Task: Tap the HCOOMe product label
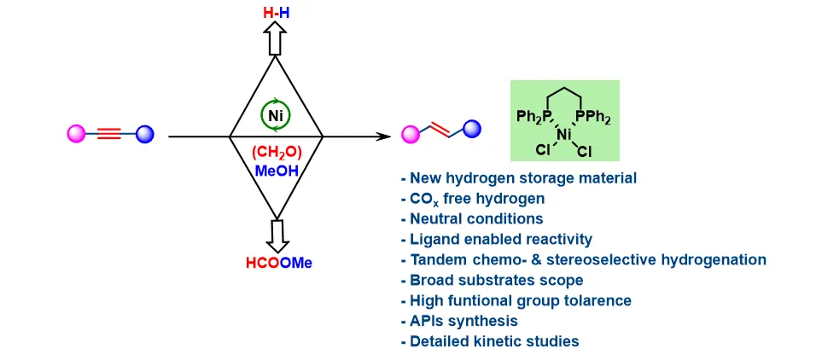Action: click(279, 263)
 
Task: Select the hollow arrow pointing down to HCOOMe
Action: click(277, 235)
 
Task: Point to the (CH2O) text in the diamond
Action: click(277, 153)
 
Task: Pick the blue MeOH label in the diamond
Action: click(277, 171)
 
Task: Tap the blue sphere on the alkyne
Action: click(145, 135)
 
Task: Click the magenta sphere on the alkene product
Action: click(411, 135)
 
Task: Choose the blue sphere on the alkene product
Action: click(472, 128)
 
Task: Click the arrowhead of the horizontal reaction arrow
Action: click(384, 136)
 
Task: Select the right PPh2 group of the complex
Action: click(592, 115)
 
